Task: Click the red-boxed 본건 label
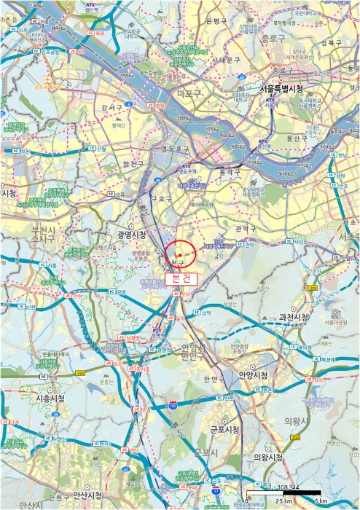click(x=178, y=278)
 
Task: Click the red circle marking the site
click(x=181, y=253)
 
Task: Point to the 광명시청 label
click(x=131, y=235)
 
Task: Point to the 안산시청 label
click(x=80, y=495)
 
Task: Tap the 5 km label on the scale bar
click(x=320, y=501)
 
